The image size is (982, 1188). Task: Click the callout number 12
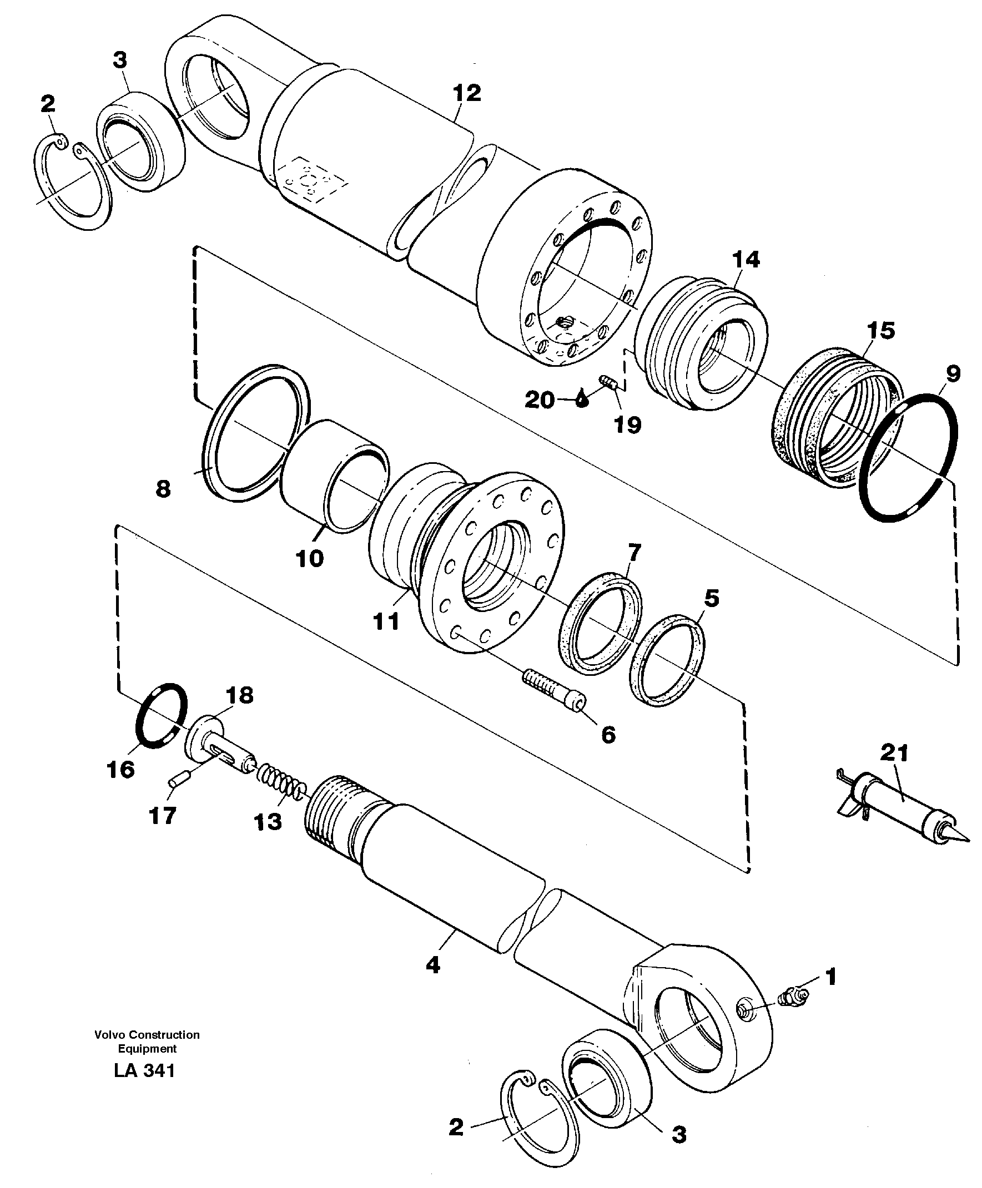click(x=467, y=93)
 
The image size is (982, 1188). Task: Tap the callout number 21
click(x=894, y=753)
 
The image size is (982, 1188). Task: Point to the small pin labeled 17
click(x=174, y=782)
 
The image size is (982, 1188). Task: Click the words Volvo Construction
click(x=147, y=1035)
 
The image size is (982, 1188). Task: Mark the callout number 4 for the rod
click(x=433, y=965)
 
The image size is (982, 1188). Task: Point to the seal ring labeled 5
click(x=667, y=660)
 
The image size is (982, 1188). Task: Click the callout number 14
click(x=746, y=260)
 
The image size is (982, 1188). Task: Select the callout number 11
click(x=386, y=622)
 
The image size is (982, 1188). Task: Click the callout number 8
click(x=163, y=488)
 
